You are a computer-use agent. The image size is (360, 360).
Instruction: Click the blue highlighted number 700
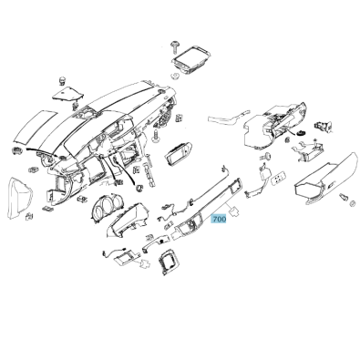(x=219, y=219)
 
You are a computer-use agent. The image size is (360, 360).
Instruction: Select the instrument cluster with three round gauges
(x=106, y=207)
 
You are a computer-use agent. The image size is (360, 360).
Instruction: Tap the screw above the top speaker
(x=175, y=46)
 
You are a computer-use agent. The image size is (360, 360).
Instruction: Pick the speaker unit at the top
(x=191, y=60)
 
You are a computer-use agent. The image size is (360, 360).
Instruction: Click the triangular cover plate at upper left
(x=68, y=95)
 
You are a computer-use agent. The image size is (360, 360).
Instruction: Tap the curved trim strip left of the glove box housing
(x=227, y=119)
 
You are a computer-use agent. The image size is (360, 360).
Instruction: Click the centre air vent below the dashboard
(x=179, y=152)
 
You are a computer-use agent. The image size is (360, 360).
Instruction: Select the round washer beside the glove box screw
(x=353, y=203)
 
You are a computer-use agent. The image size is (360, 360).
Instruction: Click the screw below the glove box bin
(x=344, y=196)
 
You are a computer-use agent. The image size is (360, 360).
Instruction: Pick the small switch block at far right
(x=324, y=126)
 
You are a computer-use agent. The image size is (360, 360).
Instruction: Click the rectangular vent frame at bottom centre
(x=168, y=262)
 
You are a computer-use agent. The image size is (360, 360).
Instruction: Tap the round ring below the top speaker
(x=175, y=76)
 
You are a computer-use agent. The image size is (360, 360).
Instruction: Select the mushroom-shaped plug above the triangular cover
(x=62, y=81)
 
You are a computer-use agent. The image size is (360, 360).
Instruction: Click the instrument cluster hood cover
(x=128, y=220)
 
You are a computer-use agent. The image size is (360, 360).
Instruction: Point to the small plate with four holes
(x=279, y=178)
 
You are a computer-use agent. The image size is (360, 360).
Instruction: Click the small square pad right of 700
(x=234, y=211)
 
